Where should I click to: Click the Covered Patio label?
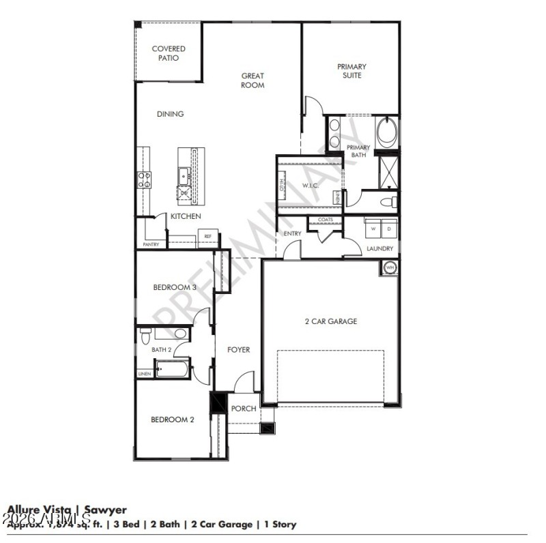pyautogui.click(x=168, y=53)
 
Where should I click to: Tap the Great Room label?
pyautogui.click(x=252, y=80)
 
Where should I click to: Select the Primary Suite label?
pyautogui.click(x=351, y=71)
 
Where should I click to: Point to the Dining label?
pyautogui.click(x=170, y=114)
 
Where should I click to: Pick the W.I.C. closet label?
pyautogui.click(x=311, y=186)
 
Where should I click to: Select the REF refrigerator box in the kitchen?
pyautogui.click(x=207, y=237)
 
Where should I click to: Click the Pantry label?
pyautogui.click(x=151, y=244)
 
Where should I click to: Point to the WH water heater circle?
pyautogui.click(x=390, y=268)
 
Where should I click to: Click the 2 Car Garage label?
pyautogui.click(x=330, y=321)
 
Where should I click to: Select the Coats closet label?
pyautogui.click(x=326, y=220)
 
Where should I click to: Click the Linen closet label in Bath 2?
pyautogui.click(x=145, y=374)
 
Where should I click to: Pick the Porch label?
pyautogui.click(x=243, y=409)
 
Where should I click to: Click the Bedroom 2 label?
pyautogui.click(x=173, y=420)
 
